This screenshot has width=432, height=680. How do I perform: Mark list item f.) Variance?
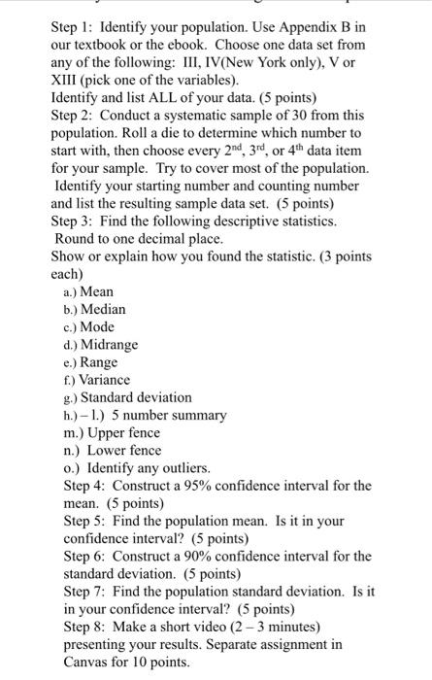[x=98, y=379]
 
